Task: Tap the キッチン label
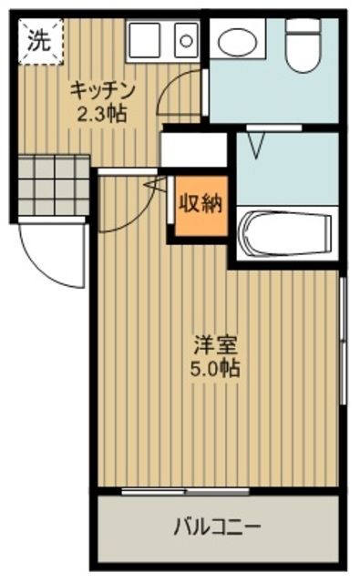[103, 91]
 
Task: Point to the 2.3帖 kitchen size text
[103, 115]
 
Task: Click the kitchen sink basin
[185, 39]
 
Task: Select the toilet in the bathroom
[299, 46]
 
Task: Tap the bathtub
[285, 235]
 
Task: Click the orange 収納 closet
[199, 205]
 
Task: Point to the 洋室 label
[216, 347]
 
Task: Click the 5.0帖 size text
[216, 371]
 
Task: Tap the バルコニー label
[217, 526]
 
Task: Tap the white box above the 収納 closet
[193, 150]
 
